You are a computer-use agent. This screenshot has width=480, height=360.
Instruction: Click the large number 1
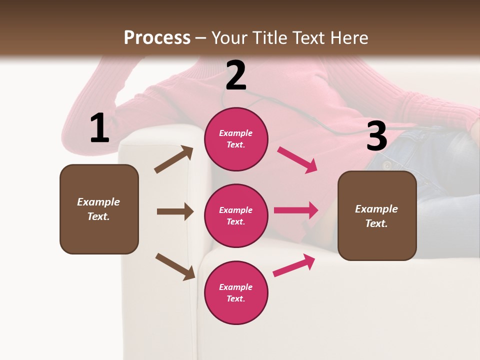(x=99, y=128)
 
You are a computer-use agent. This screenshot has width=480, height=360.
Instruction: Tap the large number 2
(x=235, y=75)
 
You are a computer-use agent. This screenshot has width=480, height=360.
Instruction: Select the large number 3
(x=376, y=136)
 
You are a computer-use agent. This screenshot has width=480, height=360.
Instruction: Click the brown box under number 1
(x=99, y=209)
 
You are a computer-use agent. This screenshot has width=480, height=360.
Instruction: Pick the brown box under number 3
(x=377, y=216)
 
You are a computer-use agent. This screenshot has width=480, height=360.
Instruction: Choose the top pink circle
(x=236, y=139)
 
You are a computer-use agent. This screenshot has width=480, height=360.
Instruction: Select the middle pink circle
(x=236, y=216)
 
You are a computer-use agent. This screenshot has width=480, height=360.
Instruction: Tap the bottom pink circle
(x=236, y=293)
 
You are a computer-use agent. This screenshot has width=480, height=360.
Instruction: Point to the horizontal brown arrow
(x=175, y=211)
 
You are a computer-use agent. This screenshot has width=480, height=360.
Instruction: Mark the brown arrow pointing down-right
(x=175, y=266)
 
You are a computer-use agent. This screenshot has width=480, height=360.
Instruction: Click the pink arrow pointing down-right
(x=297, y=160)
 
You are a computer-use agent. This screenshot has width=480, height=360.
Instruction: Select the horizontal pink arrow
(x=296, y=210)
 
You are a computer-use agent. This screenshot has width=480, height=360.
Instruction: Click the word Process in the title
(x=157, y=37)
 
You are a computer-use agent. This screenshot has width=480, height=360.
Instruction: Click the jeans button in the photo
(x=386, y=165)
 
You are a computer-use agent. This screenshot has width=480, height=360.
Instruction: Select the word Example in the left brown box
(x=98, y=202)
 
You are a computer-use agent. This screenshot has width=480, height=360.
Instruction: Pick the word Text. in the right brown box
(x=376, y=223)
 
